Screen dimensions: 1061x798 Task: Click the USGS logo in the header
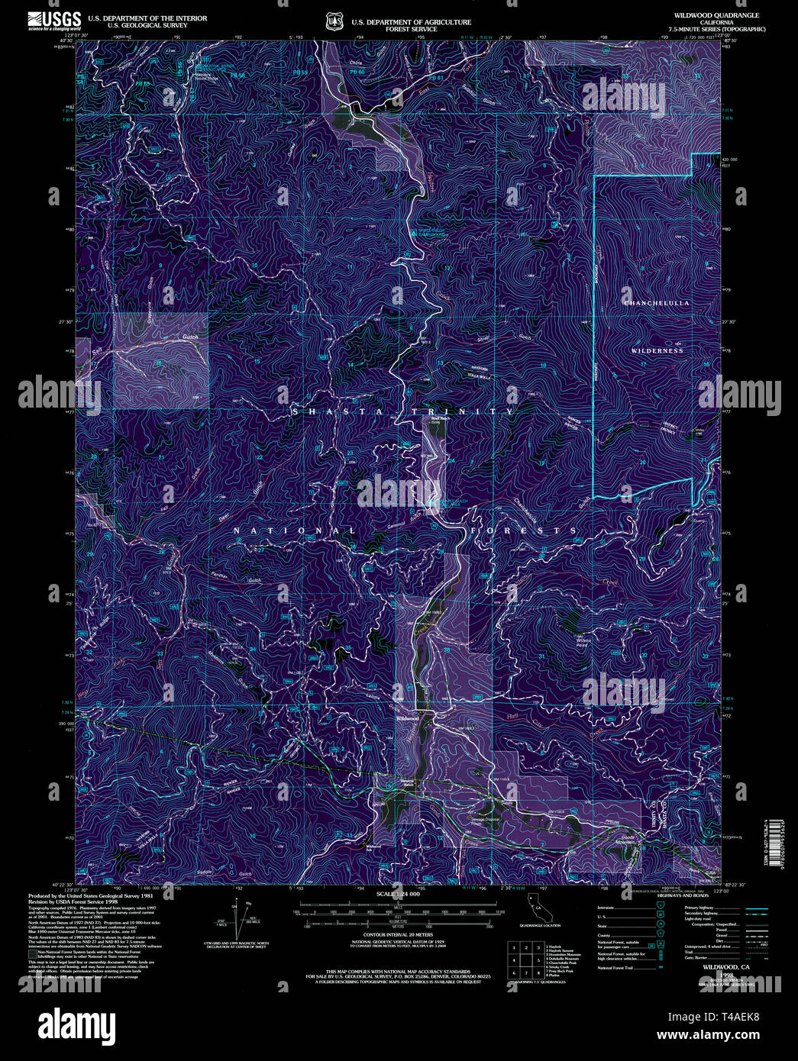55,21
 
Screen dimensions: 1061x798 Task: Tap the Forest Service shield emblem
334,21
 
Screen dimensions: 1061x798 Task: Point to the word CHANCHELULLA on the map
657,303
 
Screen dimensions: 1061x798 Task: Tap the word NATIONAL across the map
294,530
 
